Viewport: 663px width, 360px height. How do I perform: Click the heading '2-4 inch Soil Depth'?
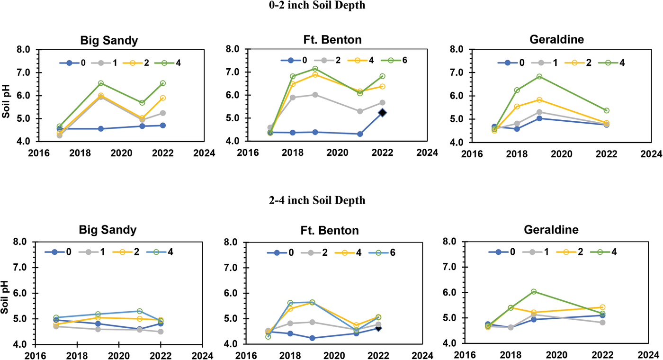pyautogui.click(x=331, y=200)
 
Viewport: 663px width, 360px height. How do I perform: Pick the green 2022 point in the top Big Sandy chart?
pyautogui.click(x=163, y=83)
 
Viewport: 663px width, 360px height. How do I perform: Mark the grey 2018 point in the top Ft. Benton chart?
pyautogui.click(x=293, y=98)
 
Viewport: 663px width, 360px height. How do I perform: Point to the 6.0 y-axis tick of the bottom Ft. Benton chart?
pyautogui.click(x=233, y=293)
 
